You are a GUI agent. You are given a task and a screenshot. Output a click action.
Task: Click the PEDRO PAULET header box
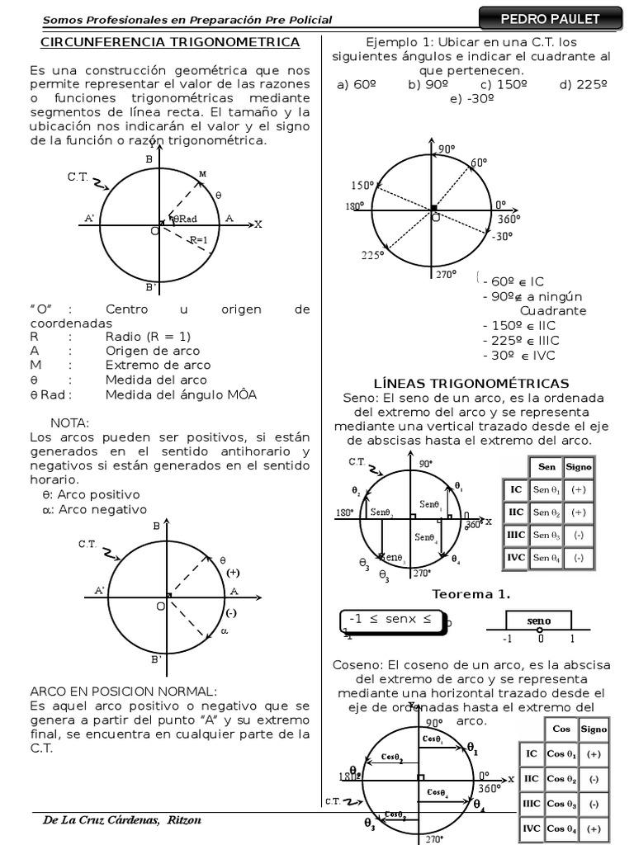pos(550,19)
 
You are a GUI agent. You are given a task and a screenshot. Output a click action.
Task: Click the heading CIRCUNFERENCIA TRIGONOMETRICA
pos(170,41)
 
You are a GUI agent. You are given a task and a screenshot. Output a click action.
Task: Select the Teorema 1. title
pos(471,594)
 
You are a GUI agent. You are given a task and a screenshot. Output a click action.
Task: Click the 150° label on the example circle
pos(362,185)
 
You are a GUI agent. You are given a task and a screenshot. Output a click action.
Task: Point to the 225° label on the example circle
pos(372,255)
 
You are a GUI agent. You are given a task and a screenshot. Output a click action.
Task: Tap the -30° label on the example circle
pos(502,236)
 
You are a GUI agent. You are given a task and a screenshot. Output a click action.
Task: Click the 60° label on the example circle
pos(479,163)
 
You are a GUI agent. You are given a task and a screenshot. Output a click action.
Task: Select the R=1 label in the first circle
pos(198,240)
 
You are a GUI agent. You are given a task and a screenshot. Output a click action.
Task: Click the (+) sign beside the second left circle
pos(233,572)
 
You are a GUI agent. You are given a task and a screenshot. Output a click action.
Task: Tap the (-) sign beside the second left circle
pos(231,612)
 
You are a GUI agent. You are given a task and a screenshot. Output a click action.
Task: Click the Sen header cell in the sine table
pos(546,467)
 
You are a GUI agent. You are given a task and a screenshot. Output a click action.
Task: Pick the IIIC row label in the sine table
pos(516,535)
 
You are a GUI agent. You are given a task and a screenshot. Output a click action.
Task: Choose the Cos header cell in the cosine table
pos(561,729)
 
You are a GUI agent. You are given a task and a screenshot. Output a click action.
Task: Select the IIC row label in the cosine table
pos(532,778)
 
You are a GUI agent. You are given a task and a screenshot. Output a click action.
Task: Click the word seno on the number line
pos(539,621)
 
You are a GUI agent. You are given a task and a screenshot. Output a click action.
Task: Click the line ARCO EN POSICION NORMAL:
pos(123,691)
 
